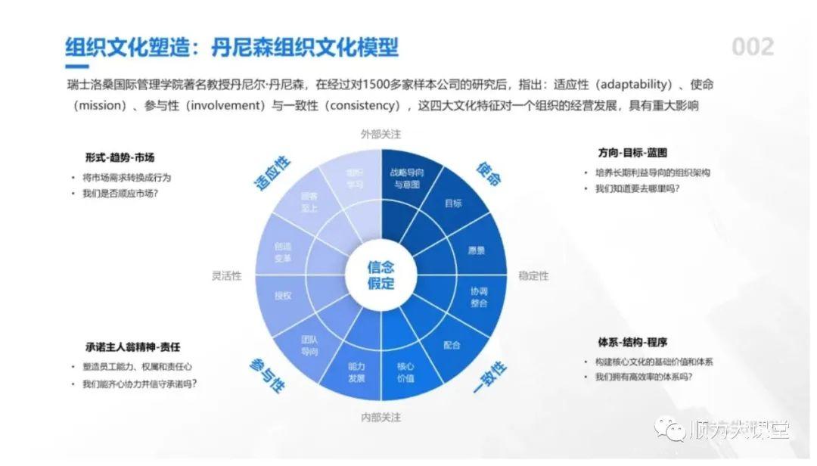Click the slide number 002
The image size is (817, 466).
[x=752, y=47]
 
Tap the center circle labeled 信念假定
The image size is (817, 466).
[x=381, y=275]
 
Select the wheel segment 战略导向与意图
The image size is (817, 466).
[x=406, y=179]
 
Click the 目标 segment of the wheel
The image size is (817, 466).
[x=453, y=203]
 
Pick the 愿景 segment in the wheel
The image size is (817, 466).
[x=477, y=250]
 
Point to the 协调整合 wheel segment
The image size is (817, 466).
[x=479, y=297]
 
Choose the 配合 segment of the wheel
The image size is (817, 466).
[x=452, y=345]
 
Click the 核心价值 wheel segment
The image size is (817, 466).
[x=406, y=371]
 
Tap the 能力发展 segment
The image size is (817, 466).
[x=356, y=371]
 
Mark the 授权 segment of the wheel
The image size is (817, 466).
[x=284, y=296]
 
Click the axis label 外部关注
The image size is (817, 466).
[x=381, y=134]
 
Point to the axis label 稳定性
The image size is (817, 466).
[x=533, y=275]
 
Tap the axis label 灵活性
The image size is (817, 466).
[x=226, y=275]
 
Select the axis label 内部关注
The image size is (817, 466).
[x=381, y=417]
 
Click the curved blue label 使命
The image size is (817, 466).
[x=489, y=173]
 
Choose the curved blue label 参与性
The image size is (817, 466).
[x=266, y=375]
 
